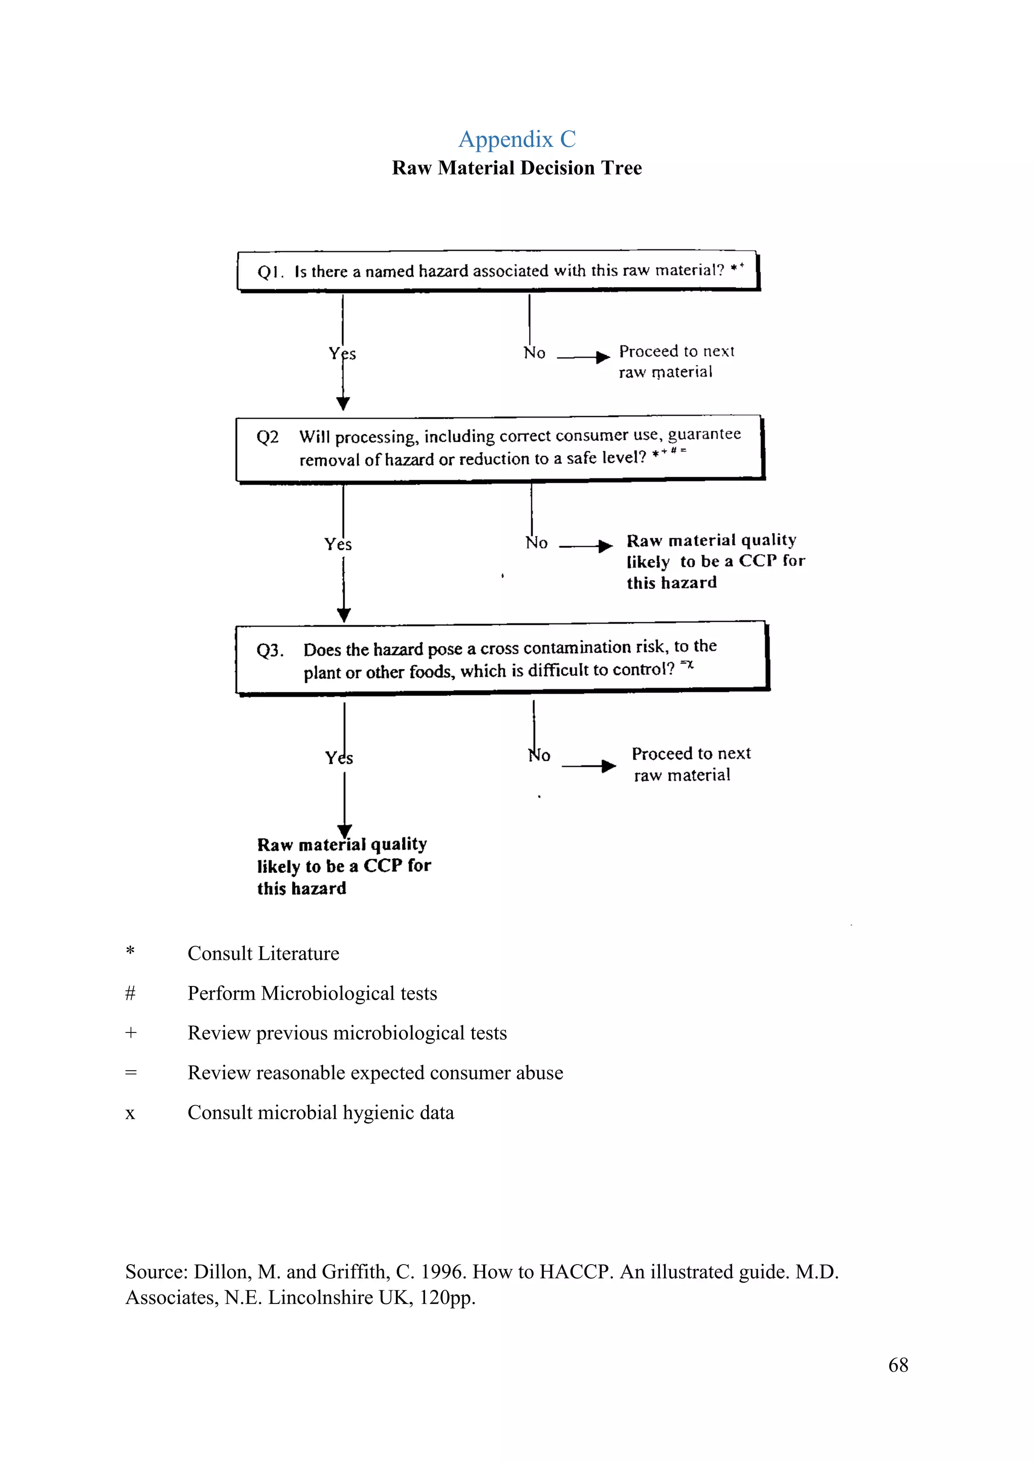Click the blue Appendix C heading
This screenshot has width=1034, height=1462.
point(517,139)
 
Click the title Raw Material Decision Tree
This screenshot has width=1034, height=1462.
point(516,168)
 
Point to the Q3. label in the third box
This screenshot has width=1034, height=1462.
point(270,651)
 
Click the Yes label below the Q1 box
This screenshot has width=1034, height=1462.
point(342,353)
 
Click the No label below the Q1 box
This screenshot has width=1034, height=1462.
point(534,353)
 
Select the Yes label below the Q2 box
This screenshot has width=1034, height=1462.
point(338,544)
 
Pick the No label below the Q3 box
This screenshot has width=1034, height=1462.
point(539,756)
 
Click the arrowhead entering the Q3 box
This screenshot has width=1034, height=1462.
point(344,615)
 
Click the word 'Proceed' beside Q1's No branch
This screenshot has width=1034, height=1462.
point(649,351)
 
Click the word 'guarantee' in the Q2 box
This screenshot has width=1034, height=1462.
point(704,434)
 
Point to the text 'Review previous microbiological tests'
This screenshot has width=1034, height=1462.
point(347,1033)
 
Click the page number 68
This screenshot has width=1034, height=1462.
point(898,1365)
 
